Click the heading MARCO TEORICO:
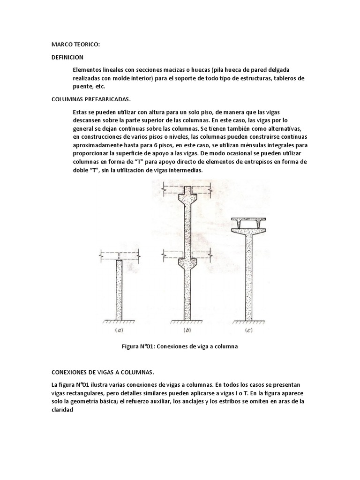click(x=75, y=45)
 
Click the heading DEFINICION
click(x=67, y=57)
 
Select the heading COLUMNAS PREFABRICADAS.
click(x=91, y=100)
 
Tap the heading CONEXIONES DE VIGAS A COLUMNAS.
click(x=102, y=372)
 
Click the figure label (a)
click(x=119, y=330)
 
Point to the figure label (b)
click(x=186, y=330)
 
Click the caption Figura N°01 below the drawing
click(x=180, y=347)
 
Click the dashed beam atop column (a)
click(x=119, y=256)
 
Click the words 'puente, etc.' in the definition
click(x=90, y=87)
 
